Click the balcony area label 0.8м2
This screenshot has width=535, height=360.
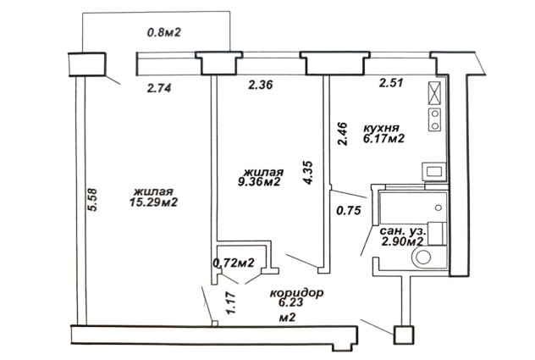click(x=163, y=32)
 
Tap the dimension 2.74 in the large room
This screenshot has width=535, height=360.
click(x=159, y=88)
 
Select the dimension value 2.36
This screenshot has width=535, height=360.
click(x=261, y=85)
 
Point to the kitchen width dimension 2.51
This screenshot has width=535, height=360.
click(x=391, y=83)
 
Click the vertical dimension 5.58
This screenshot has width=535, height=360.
click(x=92, y=200)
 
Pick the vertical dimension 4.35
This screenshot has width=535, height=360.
click(x=308, y=173)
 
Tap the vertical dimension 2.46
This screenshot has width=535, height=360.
click(x=342, y=134)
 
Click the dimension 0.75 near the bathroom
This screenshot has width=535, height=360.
click(x=349, y=210)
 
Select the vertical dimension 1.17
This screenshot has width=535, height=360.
click(x=230, y=303)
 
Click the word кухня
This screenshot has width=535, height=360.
click(x=381, y=129)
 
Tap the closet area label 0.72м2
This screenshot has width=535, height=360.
click(x=234, y=263)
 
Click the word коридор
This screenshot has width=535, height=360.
click(x=296, y=293)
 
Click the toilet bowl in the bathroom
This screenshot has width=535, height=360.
click(x=423, y=258)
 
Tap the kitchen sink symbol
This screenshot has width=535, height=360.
click(x=434, y=171)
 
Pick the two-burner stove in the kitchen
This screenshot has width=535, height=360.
click(x=435, y=119)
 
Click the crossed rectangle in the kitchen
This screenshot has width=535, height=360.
click(x=434, y=93)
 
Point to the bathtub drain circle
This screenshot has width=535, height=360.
click(x=438, y=208)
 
